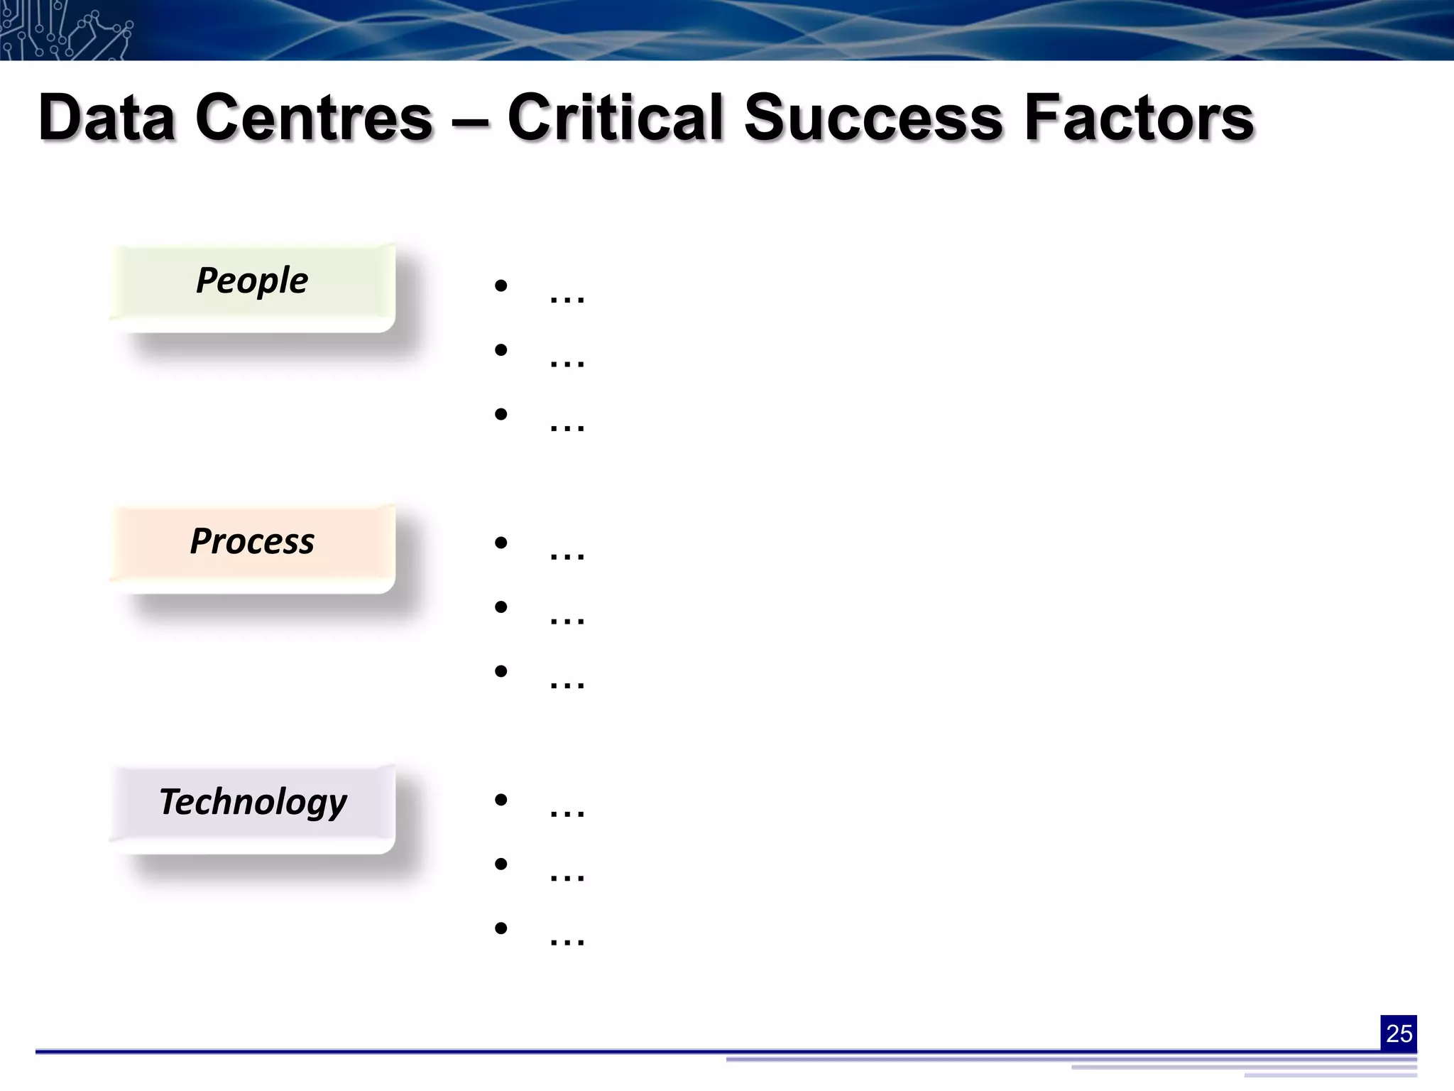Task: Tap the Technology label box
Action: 253,808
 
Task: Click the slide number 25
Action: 1399,1033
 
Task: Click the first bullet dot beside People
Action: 501,286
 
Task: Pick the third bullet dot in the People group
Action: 501,413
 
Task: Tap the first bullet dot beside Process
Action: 501,543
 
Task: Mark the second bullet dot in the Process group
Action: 501,607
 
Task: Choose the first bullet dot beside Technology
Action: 501,800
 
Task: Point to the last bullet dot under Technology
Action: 501,928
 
